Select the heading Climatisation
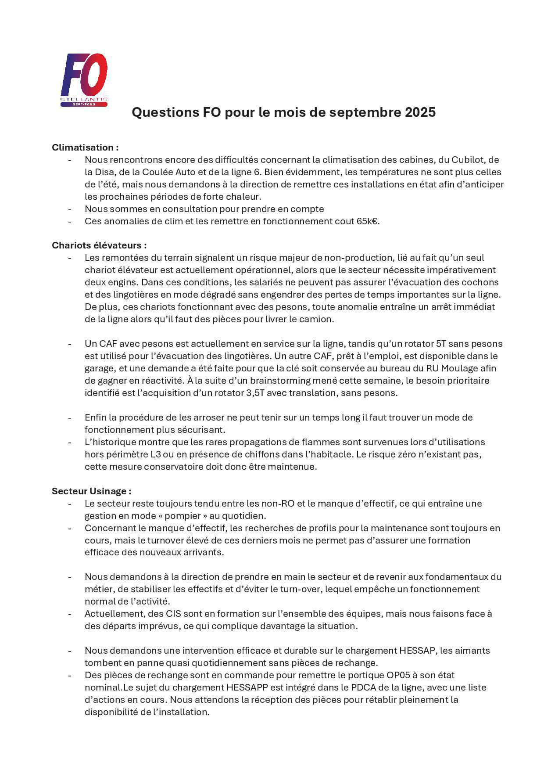[x=85, y=148]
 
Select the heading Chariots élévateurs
[x=99, y=245]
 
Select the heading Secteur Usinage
[x=91, y=491]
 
